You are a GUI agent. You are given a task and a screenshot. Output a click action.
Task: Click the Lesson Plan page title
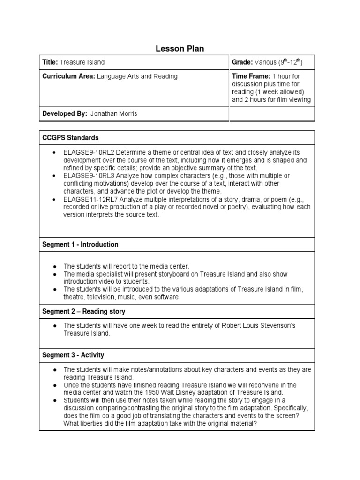tap(180, 49)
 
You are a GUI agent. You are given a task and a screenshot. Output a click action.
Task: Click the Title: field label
tap(50, 62)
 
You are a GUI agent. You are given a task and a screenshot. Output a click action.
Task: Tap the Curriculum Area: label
tap(69, 76)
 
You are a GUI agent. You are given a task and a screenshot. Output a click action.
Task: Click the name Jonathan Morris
tap(114, 114)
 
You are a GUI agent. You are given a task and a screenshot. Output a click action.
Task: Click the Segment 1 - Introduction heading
tap(80, 245)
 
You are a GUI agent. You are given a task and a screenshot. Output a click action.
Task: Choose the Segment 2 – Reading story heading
tap(84, 311)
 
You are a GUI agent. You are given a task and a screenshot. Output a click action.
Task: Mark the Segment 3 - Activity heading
tap(73, 355)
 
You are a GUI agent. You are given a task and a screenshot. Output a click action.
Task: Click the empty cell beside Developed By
tap(271, 114)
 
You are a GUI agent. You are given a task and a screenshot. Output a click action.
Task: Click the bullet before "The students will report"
tap(55, 266)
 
